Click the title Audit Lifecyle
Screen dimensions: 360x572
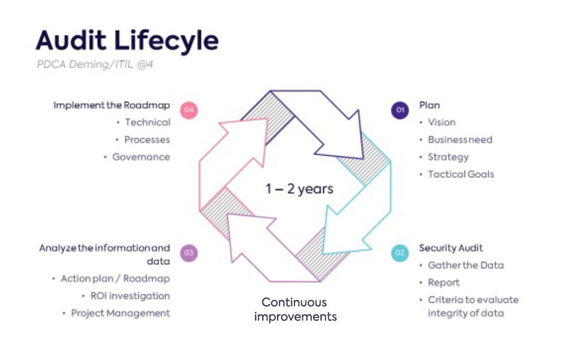(127, 41)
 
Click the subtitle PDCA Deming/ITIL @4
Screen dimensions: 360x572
(95, 65)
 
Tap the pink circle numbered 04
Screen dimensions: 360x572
(189, 110)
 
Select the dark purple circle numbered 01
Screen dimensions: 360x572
(400, 110)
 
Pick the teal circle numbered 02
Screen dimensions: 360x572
(400, 253)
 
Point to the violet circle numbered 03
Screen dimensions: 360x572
(189, 253)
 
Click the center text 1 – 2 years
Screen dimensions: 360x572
(299, 188)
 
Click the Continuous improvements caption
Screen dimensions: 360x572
(295, 310)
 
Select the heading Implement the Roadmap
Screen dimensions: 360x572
(112, 105)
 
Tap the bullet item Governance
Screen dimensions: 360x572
(141, 157)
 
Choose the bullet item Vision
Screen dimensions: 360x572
(442, 122)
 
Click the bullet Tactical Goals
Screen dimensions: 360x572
(461, 174)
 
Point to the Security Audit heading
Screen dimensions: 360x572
(451, 248)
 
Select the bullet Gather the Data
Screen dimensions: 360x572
(466, 265)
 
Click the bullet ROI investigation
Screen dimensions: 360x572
(130, 296)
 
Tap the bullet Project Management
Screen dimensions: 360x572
(121, 313)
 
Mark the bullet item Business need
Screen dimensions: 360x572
(460, 140)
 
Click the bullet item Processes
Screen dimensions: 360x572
(147, 140)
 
